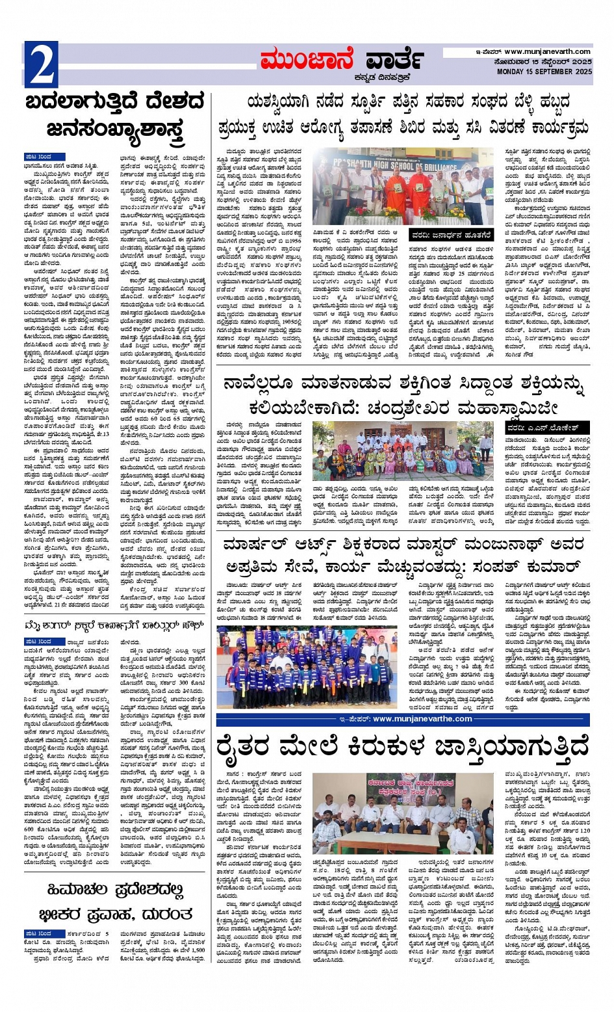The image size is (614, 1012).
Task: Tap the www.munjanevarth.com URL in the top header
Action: [x=547, y=52]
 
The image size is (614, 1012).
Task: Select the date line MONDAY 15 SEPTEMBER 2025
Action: [x=544, y=71]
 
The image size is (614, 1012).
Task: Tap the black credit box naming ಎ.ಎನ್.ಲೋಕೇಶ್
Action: [x=546, y=427]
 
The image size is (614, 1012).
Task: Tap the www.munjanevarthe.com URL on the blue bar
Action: [x=422, y=719]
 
